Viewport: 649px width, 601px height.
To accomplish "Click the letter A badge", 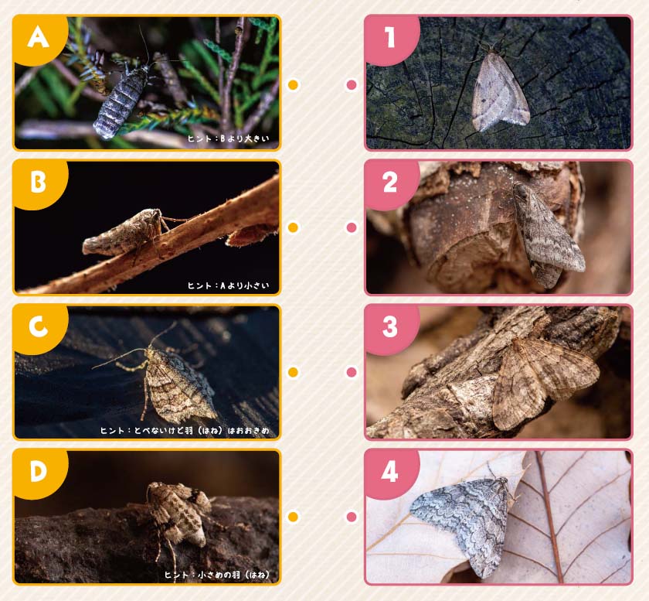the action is tap(39, 39).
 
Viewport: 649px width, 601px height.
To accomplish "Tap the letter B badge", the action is tap(39, 183).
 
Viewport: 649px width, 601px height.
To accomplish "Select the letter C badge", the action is tap(39, 327).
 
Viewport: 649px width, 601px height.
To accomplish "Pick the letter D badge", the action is tap(39, 472).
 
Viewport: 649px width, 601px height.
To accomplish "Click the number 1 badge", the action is tap(391, 39).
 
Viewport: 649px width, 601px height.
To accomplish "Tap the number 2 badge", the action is tap(391, 183).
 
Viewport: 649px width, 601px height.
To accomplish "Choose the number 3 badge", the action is tap(391, 327).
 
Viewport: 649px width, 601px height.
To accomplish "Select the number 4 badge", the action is tap(391, 472).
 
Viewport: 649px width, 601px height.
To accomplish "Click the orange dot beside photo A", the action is tap(293, 85).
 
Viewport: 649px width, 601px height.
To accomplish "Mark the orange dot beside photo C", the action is tap(293, 372).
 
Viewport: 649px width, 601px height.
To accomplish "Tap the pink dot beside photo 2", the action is tap(352, 227).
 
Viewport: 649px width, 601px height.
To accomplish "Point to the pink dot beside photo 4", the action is tap(352, 517).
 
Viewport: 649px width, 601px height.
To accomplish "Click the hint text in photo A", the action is tap(229, 138).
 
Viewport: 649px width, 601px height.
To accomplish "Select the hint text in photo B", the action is tap(229, 285).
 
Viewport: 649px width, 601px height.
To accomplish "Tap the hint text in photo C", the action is tap(185, 431).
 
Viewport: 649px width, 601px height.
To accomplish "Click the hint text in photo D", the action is tap(217, 575).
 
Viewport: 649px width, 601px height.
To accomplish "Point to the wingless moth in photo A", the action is tap(120, 101).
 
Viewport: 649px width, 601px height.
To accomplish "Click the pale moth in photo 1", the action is tap(500, 91).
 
